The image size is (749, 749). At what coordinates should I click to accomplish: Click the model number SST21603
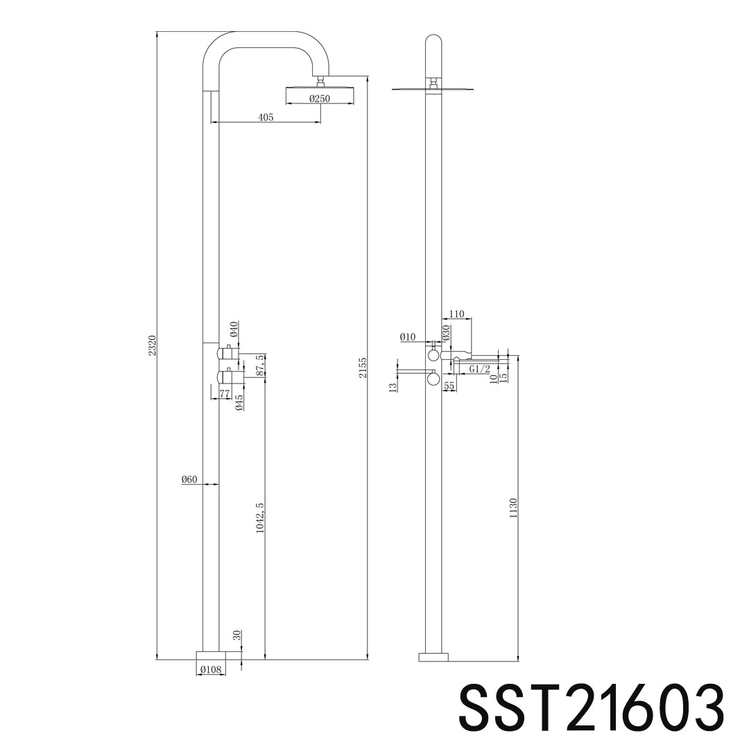[x=591, y=705]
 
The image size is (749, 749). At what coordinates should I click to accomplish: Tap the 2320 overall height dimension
[x=152, y=345]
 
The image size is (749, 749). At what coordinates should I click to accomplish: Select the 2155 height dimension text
[x=363, y=368]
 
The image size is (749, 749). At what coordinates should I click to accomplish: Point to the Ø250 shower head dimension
[x=320, y=98]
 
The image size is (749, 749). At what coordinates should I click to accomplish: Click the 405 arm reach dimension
[x=266, y=118]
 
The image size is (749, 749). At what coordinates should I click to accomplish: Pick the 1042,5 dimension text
[x=259, y=517]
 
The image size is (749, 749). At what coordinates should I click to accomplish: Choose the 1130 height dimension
[x=513, y=509]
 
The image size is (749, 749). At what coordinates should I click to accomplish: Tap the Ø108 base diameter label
[x=210, y=670]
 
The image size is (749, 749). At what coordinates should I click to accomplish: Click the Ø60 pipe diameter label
[x=189, y=479]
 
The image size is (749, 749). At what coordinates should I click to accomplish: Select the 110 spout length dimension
[x=456, y=314]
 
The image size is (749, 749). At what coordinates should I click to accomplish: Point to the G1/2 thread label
[x=479, y=369]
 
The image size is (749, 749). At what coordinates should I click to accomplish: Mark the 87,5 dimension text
[x=259, y=365]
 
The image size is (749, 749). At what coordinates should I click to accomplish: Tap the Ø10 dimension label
[x=408, y=337]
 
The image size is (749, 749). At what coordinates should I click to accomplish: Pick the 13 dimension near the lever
[x=393, y=386]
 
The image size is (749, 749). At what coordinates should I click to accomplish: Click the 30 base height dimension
[x=236, y=635]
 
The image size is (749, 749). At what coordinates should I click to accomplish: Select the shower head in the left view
[x=320, y=87]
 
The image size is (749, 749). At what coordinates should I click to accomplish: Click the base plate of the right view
[x=433, y=656]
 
